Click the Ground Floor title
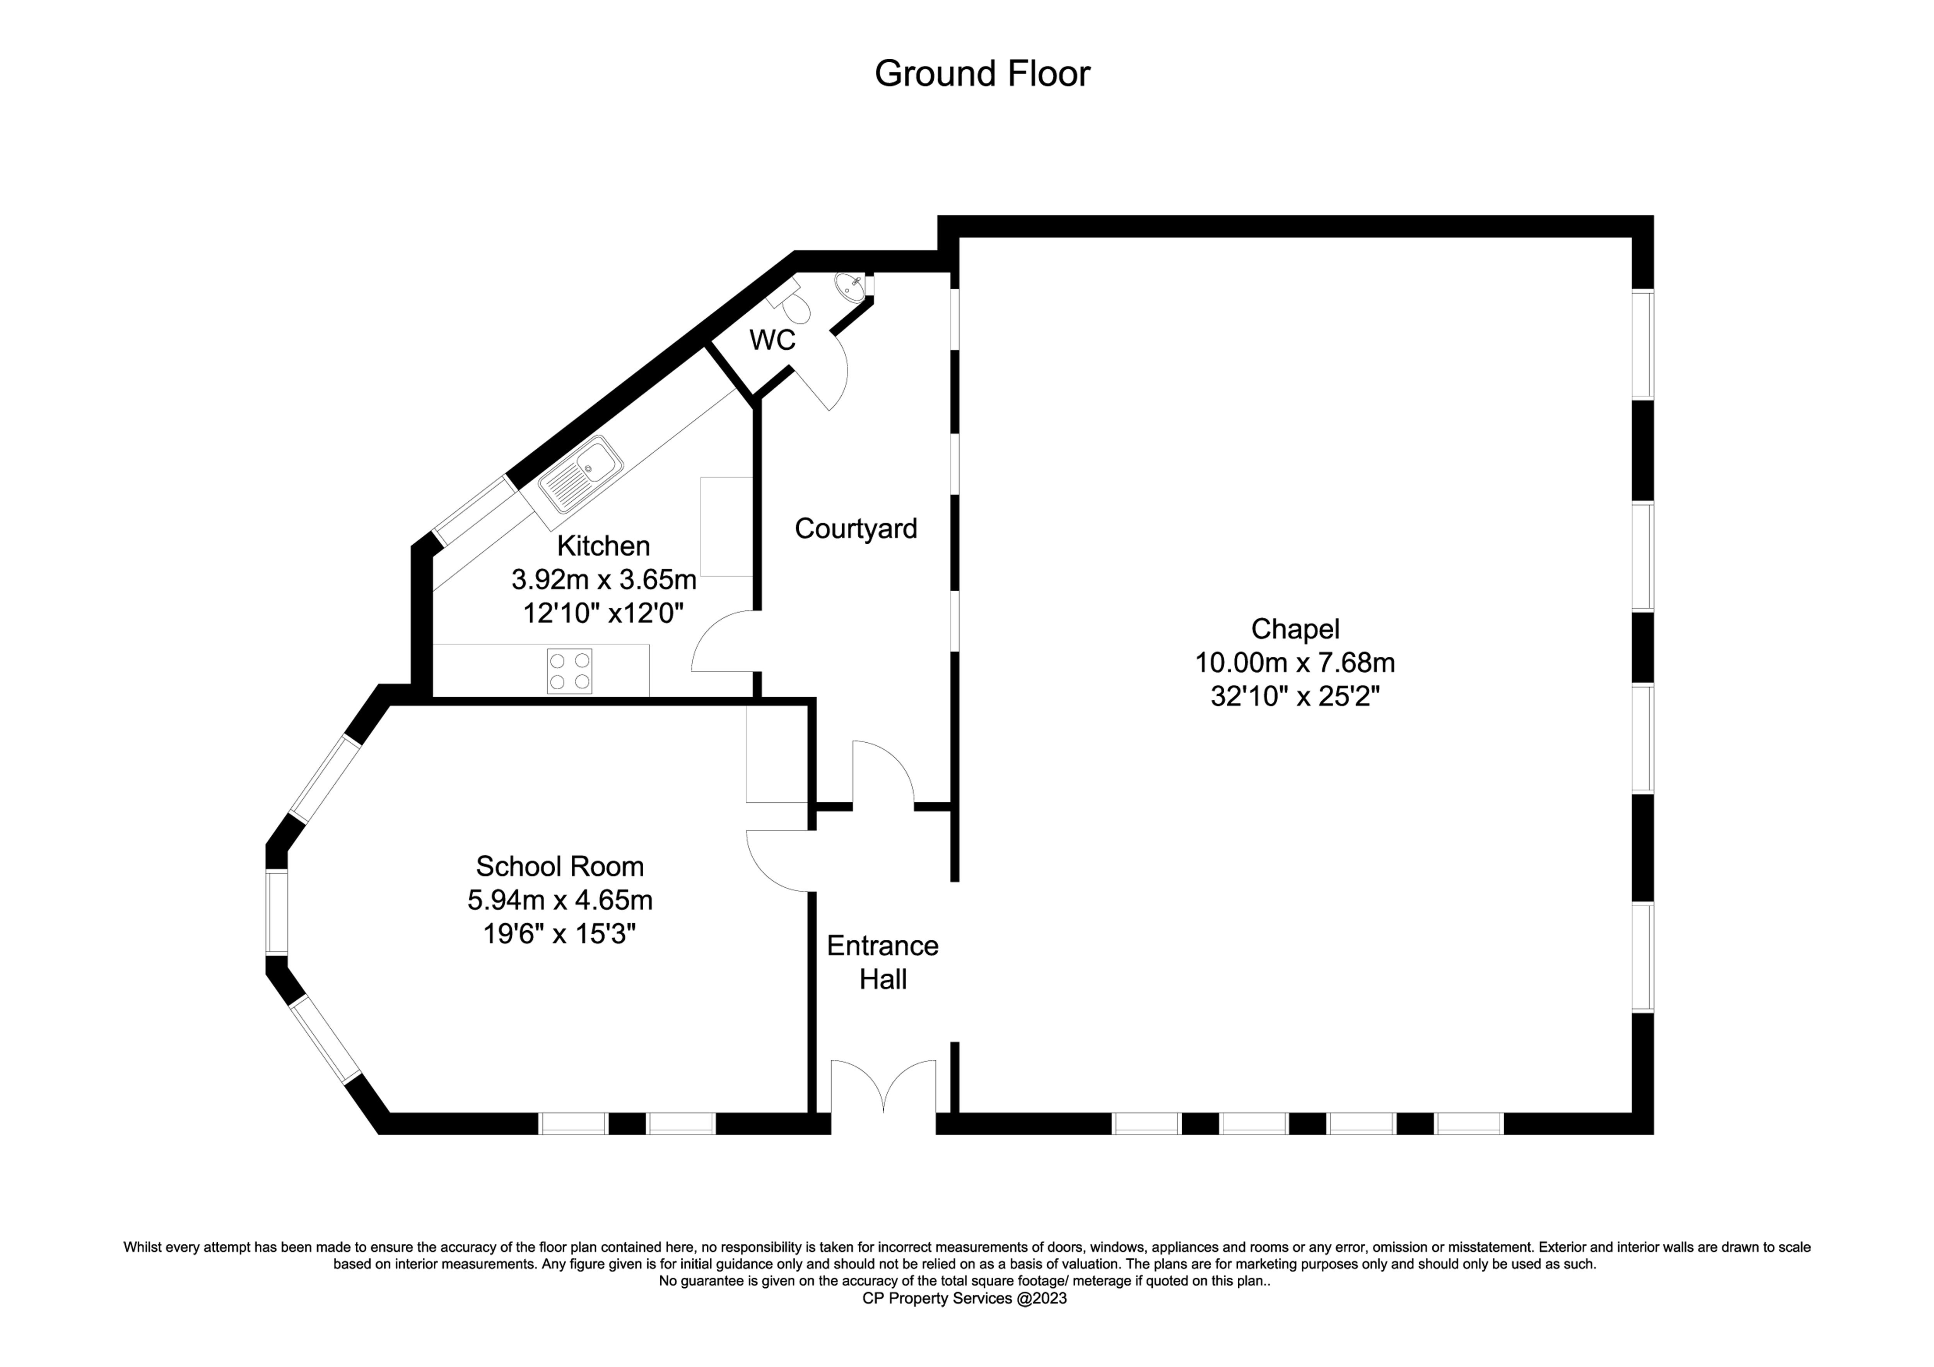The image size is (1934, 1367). [x=982, y=74]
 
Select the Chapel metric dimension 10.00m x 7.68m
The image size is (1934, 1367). [x=1295, y=663]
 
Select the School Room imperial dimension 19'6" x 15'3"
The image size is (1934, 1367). [x=560, y=934]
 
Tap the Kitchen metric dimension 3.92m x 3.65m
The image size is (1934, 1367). [x=604, y=579]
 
